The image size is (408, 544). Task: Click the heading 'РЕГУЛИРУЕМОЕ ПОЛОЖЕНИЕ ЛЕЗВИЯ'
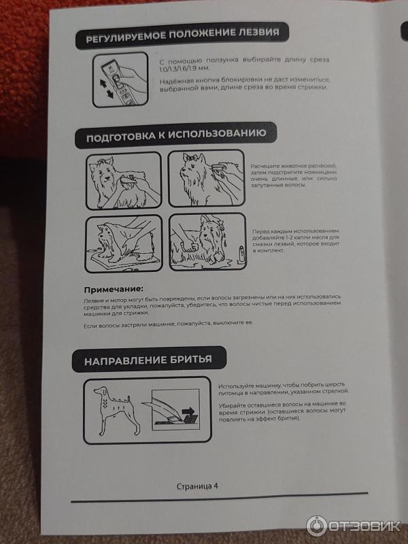pyautogui.click(x=182, y=36)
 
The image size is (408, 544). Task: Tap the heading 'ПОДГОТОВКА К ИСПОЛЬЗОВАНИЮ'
pyautogui.click(x=176, y=135)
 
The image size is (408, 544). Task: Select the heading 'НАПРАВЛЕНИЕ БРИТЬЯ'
pyautogui.click(x=148, y=360)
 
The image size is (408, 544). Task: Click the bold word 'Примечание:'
pyautogui.click(x=114, y=289)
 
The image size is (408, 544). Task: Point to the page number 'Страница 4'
pyautogui.click(x=197, y=486)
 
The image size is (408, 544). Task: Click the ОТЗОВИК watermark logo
pyautogui.click(x=353, y=526)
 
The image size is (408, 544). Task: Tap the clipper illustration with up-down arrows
pyautogui.click(x=120, y=80)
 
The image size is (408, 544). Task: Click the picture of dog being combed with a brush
pyautogui.click(x=124, y=181)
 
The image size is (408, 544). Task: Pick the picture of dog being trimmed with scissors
pyautogui.click(x=207, y=178)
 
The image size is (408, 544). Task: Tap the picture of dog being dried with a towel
pyautogui.click(x=124, y=243)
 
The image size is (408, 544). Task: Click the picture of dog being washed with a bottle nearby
pyautogui.click(x=207, y=241)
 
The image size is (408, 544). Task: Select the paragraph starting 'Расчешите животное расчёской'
pyautogui.click(x=294, y=175)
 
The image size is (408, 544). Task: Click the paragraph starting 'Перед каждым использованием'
pyautogui.click(x=296, y=241)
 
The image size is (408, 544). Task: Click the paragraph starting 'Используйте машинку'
pyautogui.click(x=284, y=388)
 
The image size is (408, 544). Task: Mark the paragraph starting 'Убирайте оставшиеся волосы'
pyautogui.click(x=282, y=412)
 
